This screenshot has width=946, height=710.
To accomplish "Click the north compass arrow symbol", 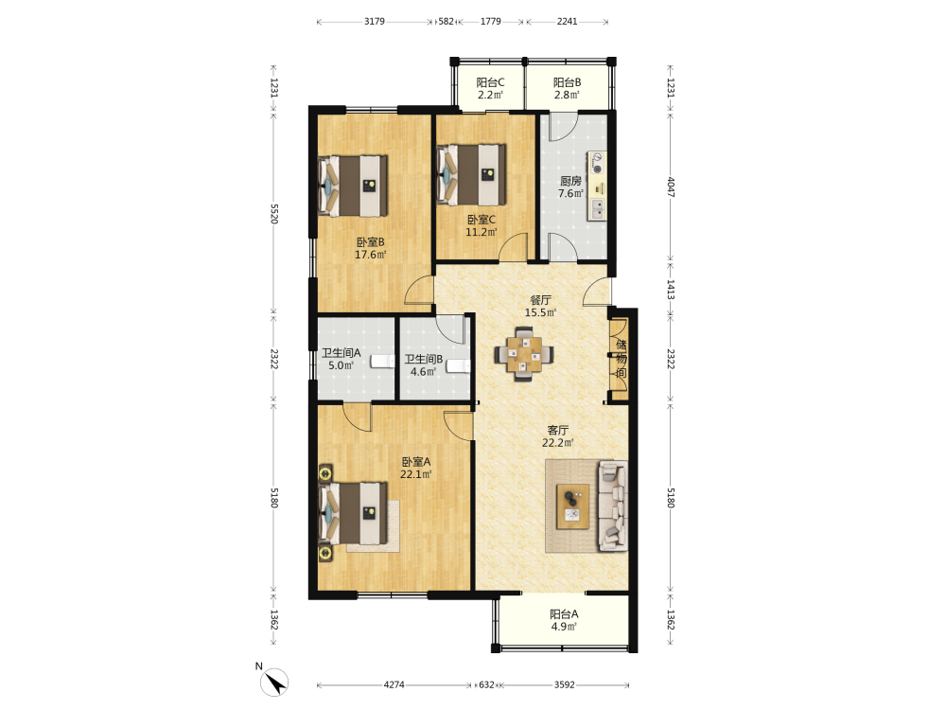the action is click(x=274, y=683).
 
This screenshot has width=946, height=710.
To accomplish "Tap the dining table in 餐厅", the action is click(x=524, y=354).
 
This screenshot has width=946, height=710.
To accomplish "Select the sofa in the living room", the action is click(x=612, y=506).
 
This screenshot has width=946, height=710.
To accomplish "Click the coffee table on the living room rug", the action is click(x=572, y=506).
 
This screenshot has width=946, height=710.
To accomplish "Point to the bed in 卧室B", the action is click(x=353, y=186).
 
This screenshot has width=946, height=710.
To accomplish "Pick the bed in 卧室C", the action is click(x=472, y=174).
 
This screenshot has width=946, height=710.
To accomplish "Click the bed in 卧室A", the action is click(x=353, y=513).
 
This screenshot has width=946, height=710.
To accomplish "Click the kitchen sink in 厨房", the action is click(x=597, y=208).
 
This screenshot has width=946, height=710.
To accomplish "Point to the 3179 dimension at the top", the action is click(x=374, y=21).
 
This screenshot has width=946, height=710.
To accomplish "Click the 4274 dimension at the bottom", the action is click(x=394, y=684).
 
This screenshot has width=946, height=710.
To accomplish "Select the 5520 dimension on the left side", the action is click(x=274, y=214).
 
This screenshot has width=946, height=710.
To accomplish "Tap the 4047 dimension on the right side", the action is click(x=671, y=186).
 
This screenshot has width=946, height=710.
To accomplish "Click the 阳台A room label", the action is click(x=564, y=614).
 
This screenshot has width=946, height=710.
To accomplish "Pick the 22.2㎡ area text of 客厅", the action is click(x=557, y=442).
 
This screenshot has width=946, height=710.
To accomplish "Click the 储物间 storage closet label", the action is click(x=621, y=359).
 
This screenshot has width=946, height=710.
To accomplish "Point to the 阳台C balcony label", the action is click(x=490, y=82).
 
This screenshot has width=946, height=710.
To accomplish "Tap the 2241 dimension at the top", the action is click(x=567, y=21).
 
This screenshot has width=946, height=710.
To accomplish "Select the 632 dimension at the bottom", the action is click(x=486, y=684).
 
